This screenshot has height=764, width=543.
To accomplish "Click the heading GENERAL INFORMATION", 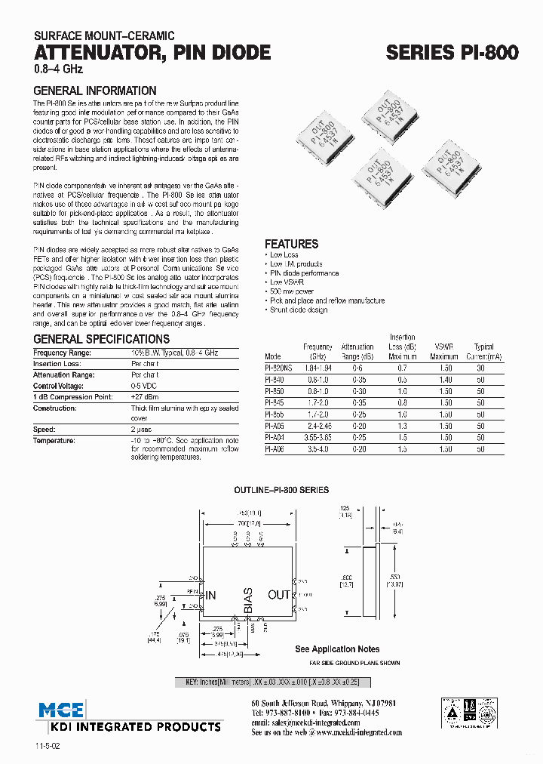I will [95, 91].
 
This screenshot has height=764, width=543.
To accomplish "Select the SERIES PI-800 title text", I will [452, 53].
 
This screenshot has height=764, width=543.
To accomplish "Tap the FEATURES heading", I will [291, 244].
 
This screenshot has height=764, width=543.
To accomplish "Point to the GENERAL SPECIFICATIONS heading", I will [102, 339].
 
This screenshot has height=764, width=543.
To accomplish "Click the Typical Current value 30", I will [480, 368].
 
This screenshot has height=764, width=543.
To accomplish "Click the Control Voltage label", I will [63, 386].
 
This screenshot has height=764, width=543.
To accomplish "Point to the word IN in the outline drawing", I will [210, 595].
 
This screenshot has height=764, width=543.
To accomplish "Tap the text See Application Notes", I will [337, 648].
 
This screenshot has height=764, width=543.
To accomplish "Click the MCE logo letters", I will [63, 710].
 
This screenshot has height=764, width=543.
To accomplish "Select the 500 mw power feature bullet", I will [292, 291].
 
